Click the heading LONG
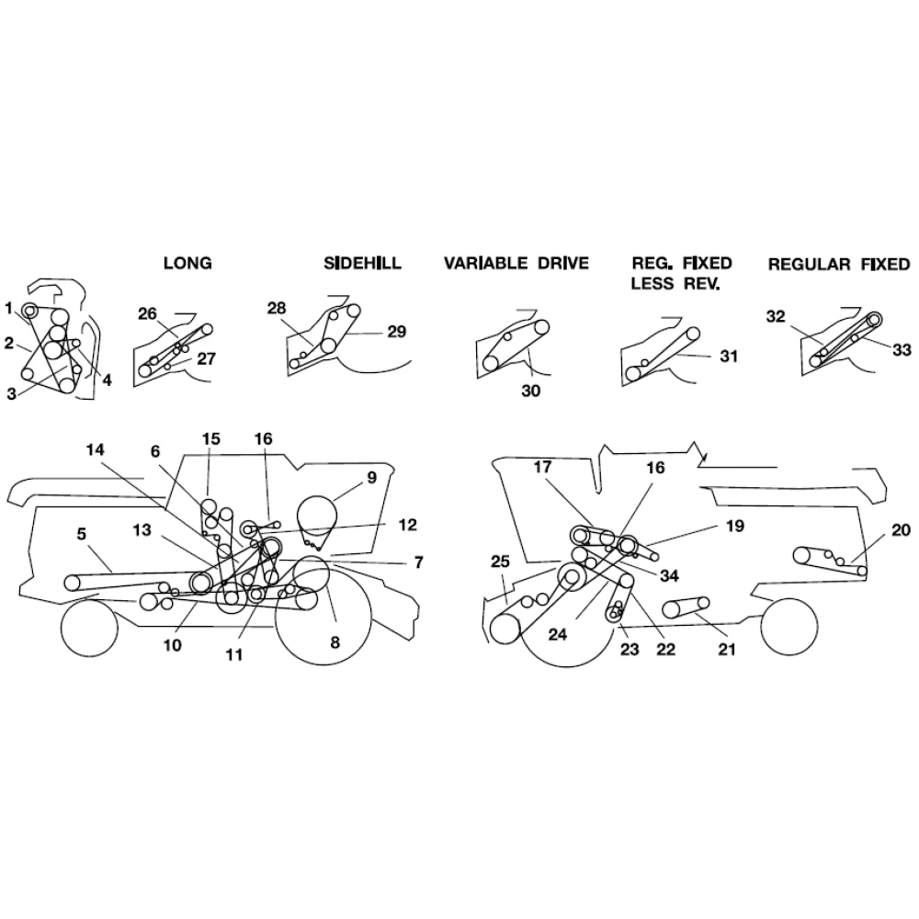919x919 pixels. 187,263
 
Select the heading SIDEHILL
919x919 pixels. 363,263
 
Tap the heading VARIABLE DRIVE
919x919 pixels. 516,263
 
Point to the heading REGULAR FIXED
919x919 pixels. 839,265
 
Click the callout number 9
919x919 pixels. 371,478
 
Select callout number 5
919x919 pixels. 82,533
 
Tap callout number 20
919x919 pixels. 902,530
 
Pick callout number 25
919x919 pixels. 500,562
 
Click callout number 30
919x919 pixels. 531,391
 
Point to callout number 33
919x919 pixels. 902,350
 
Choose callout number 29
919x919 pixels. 397,332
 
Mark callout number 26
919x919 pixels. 148,314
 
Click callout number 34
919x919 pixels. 669,575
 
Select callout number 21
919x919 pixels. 727,649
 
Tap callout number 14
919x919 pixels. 95,449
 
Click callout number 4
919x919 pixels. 107,380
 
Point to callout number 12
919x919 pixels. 407,524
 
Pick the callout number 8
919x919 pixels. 335,642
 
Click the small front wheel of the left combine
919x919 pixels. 90,628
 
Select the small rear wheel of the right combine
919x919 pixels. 789,627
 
